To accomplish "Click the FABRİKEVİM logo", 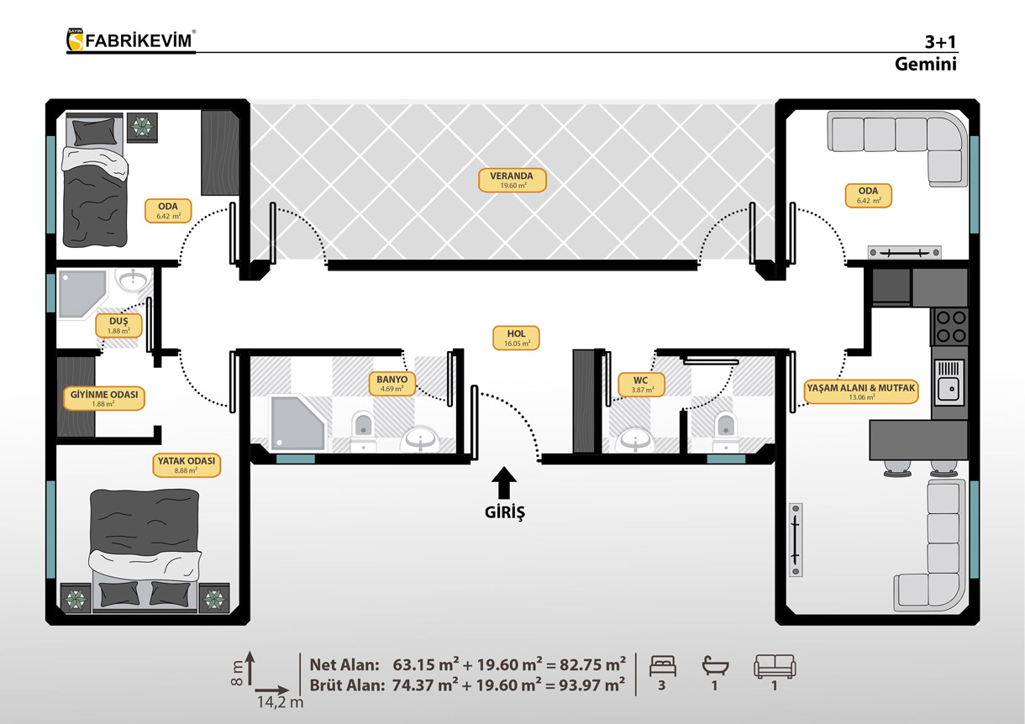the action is [x=131, y=40].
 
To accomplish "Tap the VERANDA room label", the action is [x=512, y=181].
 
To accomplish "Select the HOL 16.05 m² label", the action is [x=516, y=338].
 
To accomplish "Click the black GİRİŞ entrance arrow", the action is [x=504, y=482].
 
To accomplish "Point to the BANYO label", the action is [x=392, y=384].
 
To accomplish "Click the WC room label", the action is [x=640, y=385].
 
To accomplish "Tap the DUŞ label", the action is [x=118, y=326].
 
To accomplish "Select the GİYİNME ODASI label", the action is [x=104, y=398].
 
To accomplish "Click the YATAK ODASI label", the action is [x=187, y=465].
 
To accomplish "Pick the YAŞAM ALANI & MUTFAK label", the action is [x=861, y=392].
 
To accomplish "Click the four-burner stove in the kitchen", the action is [x=951, y=327].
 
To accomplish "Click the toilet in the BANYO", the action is [x=364, y=431].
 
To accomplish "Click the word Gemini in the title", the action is [x=926, y=64].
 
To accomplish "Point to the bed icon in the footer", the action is [x=663, y=666].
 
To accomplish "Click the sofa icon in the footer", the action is [x=775, y=666].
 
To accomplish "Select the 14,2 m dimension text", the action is [x=280, y=702].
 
